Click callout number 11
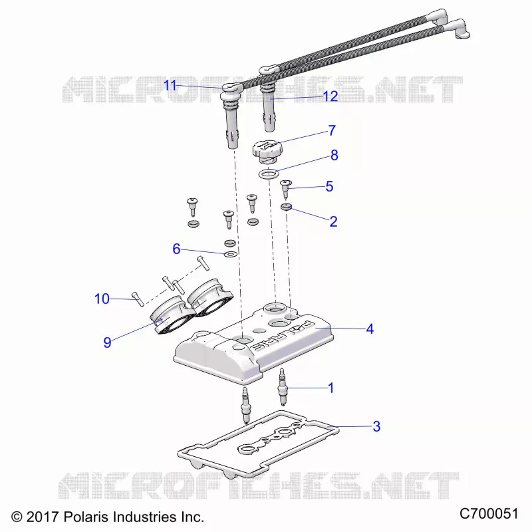[x=170, y=85]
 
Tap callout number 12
[x=330, y=96]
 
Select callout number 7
[x=332, y=130]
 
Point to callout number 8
[x=334, y=155]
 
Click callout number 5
[x=329, y=186]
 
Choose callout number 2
[x=333, y=221]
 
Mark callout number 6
[x=176, y=249]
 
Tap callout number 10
[x=102, y=299]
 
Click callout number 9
[x=107, y=342]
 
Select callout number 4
[x=370, y=329]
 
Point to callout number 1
[x=331, y=388]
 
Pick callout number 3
[x=376, y=426]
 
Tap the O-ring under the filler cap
[x=269, y=174]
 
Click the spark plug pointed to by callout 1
[x=281, y=387]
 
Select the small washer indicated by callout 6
[x=230, y=254]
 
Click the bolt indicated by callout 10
[x=138, y=299]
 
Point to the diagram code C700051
[x=489, y=513]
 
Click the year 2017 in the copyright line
[x=43, y=517]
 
